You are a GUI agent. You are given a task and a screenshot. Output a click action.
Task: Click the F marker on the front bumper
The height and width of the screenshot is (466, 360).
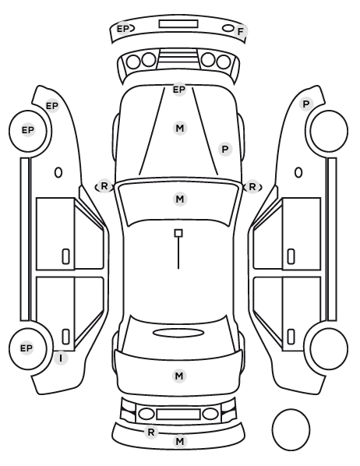coord(241,31)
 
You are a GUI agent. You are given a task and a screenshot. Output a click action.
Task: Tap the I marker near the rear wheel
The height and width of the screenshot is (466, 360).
coord(61,358)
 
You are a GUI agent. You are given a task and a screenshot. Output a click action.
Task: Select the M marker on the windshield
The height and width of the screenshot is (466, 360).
coord(180,199)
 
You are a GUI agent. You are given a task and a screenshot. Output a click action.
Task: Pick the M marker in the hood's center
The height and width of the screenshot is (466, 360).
coord(180,129)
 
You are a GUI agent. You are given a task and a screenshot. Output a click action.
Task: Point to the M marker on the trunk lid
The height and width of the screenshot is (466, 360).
coord(179,376)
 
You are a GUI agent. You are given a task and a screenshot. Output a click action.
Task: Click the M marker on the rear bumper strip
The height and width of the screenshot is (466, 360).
coord(179,441)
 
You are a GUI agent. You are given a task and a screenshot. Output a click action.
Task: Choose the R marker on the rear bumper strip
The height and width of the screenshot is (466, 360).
coord(151,432)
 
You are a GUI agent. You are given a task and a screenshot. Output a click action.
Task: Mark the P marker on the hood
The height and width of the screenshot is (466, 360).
coord(225,149)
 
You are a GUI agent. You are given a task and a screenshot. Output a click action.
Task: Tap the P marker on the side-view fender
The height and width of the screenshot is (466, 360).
coord(306,104)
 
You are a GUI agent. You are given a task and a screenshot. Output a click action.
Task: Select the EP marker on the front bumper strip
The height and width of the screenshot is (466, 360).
coord(123,29)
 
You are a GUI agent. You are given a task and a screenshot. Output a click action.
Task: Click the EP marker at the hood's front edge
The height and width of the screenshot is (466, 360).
coord(179,89)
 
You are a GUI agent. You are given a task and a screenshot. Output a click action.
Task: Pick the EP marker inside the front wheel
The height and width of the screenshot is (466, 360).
coord(28,130)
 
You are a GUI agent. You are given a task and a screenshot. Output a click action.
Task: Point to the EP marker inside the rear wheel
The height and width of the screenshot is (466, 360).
coord(26,348)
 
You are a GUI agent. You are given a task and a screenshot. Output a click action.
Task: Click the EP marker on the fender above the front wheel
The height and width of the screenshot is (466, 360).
coord(52,105)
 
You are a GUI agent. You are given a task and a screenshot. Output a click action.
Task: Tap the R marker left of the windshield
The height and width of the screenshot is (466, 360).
coord(104,186)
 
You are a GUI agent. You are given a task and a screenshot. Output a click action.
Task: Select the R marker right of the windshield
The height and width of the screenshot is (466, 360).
coord(252,187)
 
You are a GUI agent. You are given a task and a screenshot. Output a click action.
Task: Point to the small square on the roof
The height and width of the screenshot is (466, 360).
coord(178,233)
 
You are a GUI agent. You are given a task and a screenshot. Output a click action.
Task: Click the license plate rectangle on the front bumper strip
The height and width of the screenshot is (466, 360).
coord(178,24)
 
